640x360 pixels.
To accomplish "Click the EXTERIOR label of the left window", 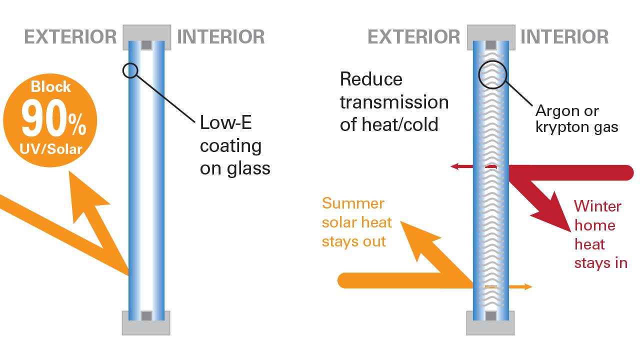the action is point(70,37).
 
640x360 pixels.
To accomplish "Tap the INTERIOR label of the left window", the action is point(221,37).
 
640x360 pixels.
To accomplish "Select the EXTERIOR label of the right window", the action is point(414,37).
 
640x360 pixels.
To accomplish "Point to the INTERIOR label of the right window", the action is point(564,37).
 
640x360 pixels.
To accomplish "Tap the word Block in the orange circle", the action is point(50,86).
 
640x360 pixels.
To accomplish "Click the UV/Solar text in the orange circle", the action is point(51,149).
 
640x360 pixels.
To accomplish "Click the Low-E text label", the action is point(225,122).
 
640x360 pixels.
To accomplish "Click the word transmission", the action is point(394,102).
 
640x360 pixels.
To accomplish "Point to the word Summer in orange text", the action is point(353,203).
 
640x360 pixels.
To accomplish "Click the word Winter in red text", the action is point(597,206).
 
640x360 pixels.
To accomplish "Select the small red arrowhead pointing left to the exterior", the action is point(454,166).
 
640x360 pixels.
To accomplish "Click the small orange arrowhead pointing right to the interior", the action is point(528,286).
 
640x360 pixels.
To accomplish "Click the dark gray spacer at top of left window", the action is point(146,45).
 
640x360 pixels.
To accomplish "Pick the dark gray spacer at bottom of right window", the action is point(491,316).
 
